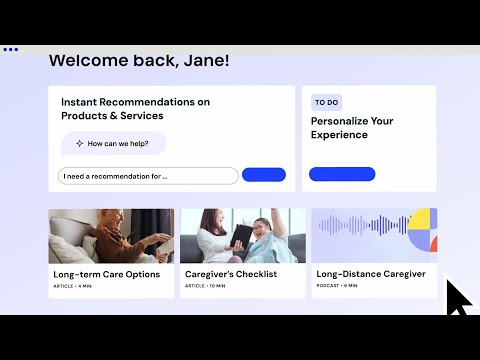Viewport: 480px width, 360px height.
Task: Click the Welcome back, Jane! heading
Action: pyautogui.click(x=139, y=61)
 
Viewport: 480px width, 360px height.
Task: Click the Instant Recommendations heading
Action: pyautogui.click(x=135, y=109)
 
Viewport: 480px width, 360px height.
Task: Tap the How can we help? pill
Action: pyautogui.click(x=114, y=144)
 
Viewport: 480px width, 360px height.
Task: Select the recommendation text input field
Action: pyautogui.click(x=148, y=176)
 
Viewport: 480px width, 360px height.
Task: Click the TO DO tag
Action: pyautogui.click(x=326, y=103)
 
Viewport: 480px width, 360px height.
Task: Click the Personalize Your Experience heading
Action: pyautogui.click(x=351, y=128)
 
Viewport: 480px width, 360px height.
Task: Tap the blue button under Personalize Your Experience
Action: pyautogui.click(x=342, y=174)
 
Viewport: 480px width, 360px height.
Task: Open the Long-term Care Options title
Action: pyautogui.click(x=106, y=274)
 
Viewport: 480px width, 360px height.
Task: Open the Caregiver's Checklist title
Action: pyautogui.click(x=231, y=274)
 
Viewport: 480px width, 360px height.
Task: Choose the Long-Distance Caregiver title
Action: pyautogui.click(x=371, y=274)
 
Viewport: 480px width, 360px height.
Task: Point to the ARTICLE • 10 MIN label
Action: pyautogui.click(x=205, y=286)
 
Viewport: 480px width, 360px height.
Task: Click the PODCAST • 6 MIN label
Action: pyautogui.click(x=337, y=286)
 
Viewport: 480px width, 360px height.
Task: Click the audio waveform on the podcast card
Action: pyautogui.click(x=360, y=226)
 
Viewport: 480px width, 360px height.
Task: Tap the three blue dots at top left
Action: pyautogui.click(x=10, y=48)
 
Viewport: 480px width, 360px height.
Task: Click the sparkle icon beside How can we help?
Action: pyautogui.click(x=79, y=144)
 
